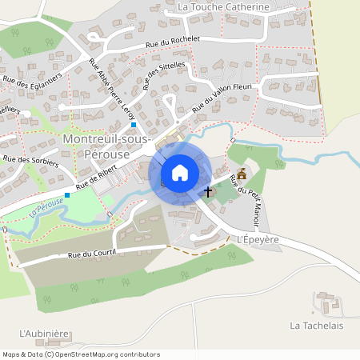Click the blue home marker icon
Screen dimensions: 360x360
pos(180,172)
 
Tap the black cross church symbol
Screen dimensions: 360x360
pos(209,192)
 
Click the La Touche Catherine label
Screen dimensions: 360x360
pos(223,7)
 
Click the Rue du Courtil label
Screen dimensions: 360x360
pos(92,254)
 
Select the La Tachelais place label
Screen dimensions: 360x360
pos(317,326)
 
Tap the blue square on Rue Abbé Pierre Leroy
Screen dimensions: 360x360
pos(134,125)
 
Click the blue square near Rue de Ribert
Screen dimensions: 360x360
pos(67,195)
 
